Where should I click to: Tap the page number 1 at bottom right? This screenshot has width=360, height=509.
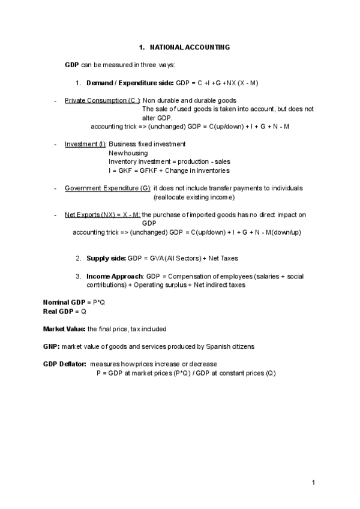313,482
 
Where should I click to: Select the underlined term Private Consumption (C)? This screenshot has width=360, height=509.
102,100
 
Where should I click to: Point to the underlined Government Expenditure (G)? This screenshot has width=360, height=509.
107,188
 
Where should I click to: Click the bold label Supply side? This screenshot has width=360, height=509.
106,258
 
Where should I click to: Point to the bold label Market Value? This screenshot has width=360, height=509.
64,329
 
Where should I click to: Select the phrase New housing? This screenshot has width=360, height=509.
128,153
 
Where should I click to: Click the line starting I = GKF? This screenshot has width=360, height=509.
161,170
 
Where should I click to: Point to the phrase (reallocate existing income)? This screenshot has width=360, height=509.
194,197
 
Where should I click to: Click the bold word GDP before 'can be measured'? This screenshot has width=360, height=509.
71,65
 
